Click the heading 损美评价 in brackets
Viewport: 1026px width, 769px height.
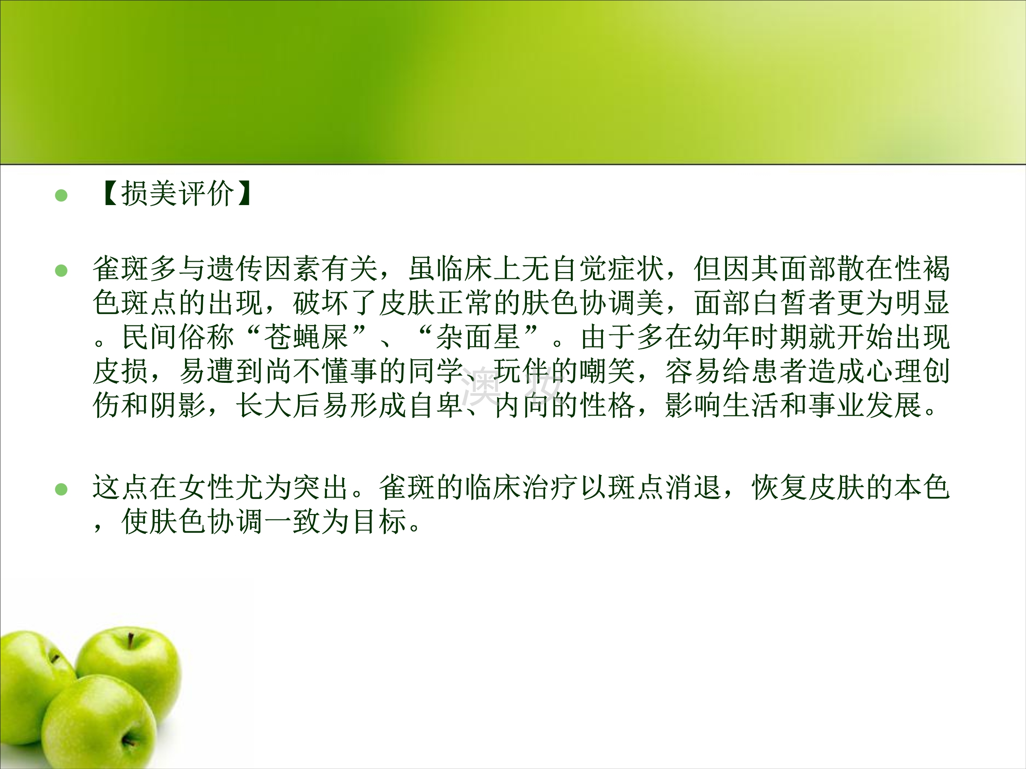tap(177, 193)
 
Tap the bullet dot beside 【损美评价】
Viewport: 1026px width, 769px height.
tap(61, 195)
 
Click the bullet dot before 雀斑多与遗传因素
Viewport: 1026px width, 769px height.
tap(61, 270)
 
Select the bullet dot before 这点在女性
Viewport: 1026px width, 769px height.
tap(61, 489)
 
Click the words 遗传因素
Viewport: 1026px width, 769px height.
tap(264, 269)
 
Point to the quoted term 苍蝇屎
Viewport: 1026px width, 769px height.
tap(306, 337)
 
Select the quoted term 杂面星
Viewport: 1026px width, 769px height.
tap(478, 337)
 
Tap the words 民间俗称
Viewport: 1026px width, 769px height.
tap(178, 337)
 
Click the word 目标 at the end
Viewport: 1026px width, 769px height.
tap(379, 522)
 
